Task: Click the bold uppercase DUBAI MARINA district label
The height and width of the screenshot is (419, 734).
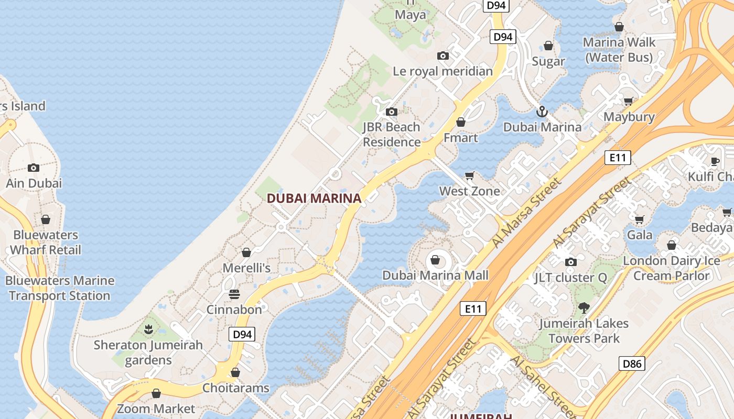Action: [x=314, y=199]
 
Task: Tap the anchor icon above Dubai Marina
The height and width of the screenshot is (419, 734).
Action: [x=542, y=112]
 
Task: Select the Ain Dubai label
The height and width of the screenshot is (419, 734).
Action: [x=34, y=183]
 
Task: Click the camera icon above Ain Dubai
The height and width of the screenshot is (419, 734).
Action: [x=34, y=168]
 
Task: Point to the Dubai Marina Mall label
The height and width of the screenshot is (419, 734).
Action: [x=435, y=275]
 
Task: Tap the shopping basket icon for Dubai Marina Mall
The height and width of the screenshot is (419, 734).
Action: [x=435, y=259]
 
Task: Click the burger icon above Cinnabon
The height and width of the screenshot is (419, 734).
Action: [x=234, y=294]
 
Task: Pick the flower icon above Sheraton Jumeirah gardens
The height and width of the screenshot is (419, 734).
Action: [x=148, y=329]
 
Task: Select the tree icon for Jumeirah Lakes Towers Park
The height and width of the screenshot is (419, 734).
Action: [x=584, y=308]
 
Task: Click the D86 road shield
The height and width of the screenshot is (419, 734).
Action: [x=631, y=363]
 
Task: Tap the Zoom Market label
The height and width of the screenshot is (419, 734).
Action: [x=156, y=409]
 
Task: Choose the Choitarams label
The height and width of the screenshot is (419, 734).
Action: [x=236, y=388]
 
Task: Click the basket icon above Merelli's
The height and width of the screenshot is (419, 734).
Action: [x=246, y=253]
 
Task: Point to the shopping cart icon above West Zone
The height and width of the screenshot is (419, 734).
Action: [x=470, y=175]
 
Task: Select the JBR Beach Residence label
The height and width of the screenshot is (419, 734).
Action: [x=392, y=135]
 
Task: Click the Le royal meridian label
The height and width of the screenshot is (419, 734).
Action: [x=443, y=71]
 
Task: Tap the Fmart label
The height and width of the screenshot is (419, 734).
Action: [x=461, y=138]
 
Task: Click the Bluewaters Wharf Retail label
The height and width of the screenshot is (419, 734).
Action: [x=46, y=242]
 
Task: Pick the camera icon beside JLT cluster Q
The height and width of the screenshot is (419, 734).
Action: [x=571, y=262]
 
